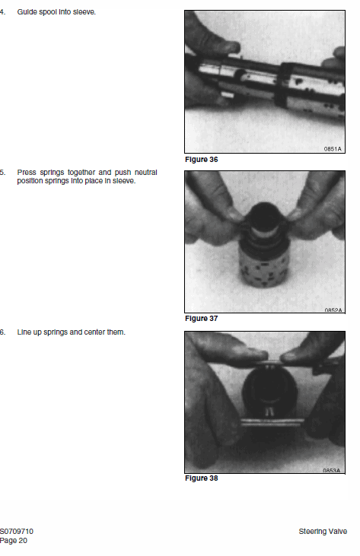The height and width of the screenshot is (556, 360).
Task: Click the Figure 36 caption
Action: click(x=201, y=160)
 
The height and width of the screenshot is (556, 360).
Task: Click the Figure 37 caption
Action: click(x=201, y=319)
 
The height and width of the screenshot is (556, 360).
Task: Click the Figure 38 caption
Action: click(x=201, y=478)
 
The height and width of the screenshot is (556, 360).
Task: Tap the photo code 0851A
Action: click(x=333, y=149)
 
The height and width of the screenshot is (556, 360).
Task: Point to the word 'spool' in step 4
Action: click(x=48, y=12)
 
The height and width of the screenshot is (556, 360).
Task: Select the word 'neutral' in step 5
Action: click(x=146, y=173)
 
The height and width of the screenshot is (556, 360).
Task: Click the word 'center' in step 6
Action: click(x=94, y=332)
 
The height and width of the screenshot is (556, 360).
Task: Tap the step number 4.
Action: click(x=2, y=12)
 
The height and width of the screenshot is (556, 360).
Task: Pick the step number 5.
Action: click(x=2, y=173)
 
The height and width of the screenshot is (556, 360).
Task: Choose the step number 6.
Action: click(x=2, y=332)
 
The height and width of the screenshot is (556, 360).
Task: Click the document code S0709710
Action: click(x=17, y=531)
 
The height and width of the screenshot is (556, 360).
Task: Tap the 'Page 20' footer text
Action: click(x=14, y=540)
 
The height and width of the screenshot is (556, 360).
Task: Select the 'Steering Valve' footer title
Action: click(x=323, y=531)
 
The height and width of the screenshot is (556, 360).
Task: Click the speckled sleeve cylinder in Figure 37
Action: click(x=264, y=266)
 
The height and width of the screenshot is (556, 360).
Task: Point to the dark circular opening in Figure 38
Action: click(x=269, y=390)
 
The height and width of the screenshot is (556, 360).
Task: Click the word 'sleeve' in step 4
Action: click(x=84, y=12)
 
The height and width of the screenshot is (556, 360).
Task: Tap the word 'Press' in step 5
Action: click(x=27, y=173)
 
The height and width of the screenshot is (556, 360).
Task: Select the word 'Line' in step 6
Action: click(x=24, y=332)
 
